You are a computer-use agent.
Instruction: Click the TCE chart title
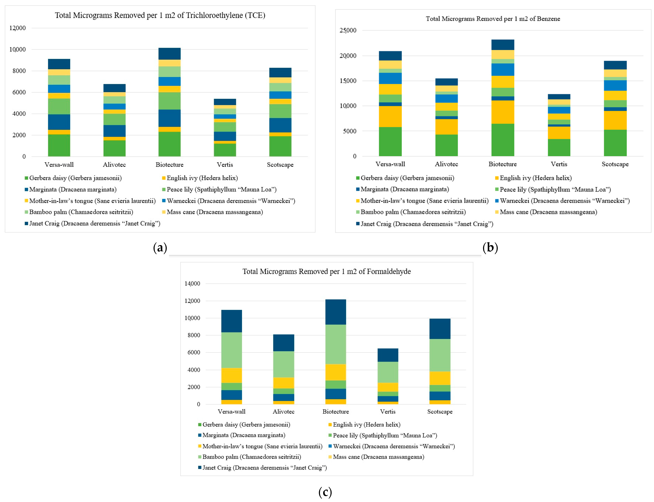[160, 15]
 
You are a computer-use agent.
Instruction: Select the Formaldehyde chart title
[326, 271]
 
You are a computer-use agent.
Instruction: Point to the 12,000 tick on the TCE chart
[18, 28]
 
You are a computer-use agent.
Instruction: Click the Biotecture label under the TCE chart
[169, 165]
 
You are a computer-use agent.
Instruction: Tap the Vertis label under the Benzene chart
[559, 164]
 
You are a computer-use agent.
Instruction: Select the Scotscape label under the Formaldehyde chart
[440, 411]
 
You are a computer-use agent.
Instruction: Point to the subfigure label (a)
[160, 248]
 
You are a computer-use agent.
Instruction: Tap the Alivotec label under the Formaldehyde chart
[283, 411]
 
